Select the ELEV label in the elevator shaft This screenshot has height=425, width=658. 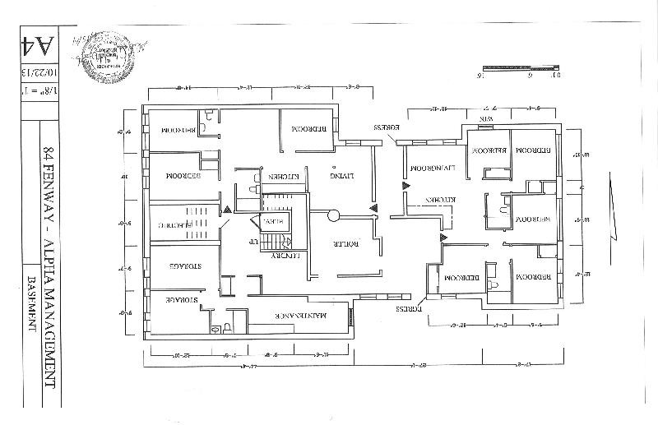pyautogui.click(x=271, y=221)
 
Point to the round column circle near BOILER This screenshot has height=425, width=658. pyautogui.click(x=333, y=216)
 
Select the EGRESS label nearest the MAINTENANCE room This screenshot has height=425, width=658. pyautogui.click(x=409, y=309)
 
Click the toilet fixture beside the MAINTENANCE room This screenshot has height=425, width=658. pyautogui.click(x=215, y=327)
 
